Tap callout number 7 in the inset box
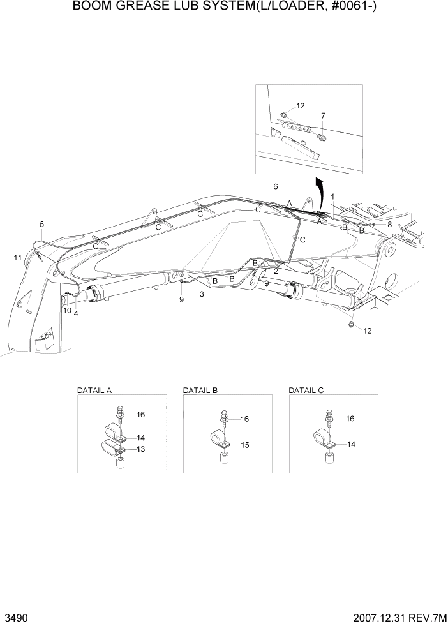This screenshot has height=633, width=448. coord(323,115)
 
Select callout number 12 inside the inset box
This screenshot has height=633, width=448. coord(301,106)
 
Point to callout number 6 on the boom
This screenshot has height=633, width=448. coord(276,186)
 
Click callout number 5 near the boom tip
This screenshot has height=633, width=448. coord(42,224)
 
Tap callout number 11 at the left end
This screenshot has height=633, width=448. coord(19,257)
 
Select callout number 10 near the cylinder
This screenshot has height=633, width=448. coord(66,310)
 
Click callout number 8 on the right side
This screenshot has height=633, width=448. coord(389,224)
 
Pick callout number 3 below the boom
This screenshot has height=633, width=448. coord(202,294)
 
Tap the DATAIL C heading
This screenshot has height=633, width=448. coord(306,389)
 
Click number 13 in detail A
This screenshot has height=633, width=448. coord(140,449)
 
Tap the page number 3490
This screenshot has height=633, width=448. coord(15,620)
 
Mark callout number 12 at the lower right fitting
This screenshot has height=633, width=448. coord(366,331)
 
